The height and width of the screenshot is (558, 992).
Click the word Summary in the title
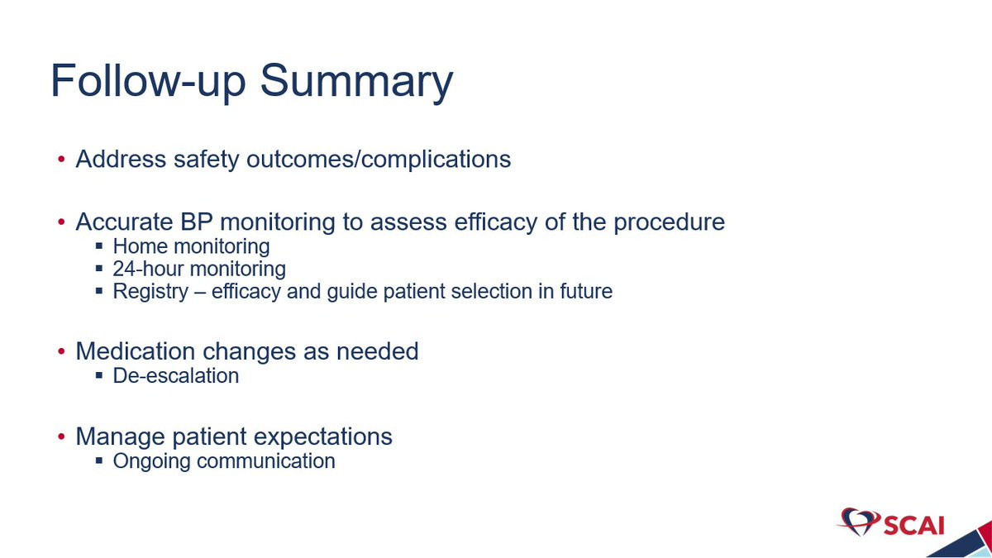pyautogui.click(x=356, y=83)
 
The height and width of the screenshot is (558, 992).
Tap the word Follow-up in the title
pyautogui.click(x=148, y=81)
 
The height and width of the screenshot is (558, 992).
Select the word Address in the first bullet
pyautogui.click(x=121, y=159)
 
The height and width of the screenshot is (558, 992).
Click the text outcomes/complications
pyautogui.click(x=379, y=160)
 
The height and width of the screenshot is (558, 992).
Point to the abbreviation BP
pyautogui.click(x=196, y=222)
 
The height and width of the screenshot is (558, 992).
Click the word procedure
pyautogui.click(x=669, y=222)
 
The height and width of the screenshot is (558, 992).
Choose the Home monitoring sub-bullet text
pyautogui.click(x=191, y=246)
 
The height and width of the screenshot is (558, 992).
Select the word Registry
pyautogui.click(x=150, y=292)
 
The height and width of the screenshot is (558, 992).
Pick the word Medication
pyautogui.click(x=136, y=351)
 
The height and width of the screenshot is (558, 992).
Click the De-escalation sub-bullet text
pyautogui.click(x=176, y=375)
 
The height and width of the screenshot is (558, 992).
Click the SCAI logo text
pyautogui.click(x=914, y=526)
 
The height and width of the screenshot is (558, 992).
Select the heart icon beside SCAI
pyautogui.click(x=859, y=522)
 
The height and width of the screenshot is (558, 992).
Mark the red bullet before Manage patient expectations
pyautogui.click(x=61, y=436)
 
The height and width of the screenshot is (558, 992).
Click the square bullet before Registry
pyautogui.click(x=99, y=291)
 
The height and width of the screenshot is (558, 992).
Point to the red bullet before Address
pyautogui.click(x=61, y=159)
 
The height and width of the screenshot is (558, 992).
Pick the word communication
pyautogui.click(x=265, y=461)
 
